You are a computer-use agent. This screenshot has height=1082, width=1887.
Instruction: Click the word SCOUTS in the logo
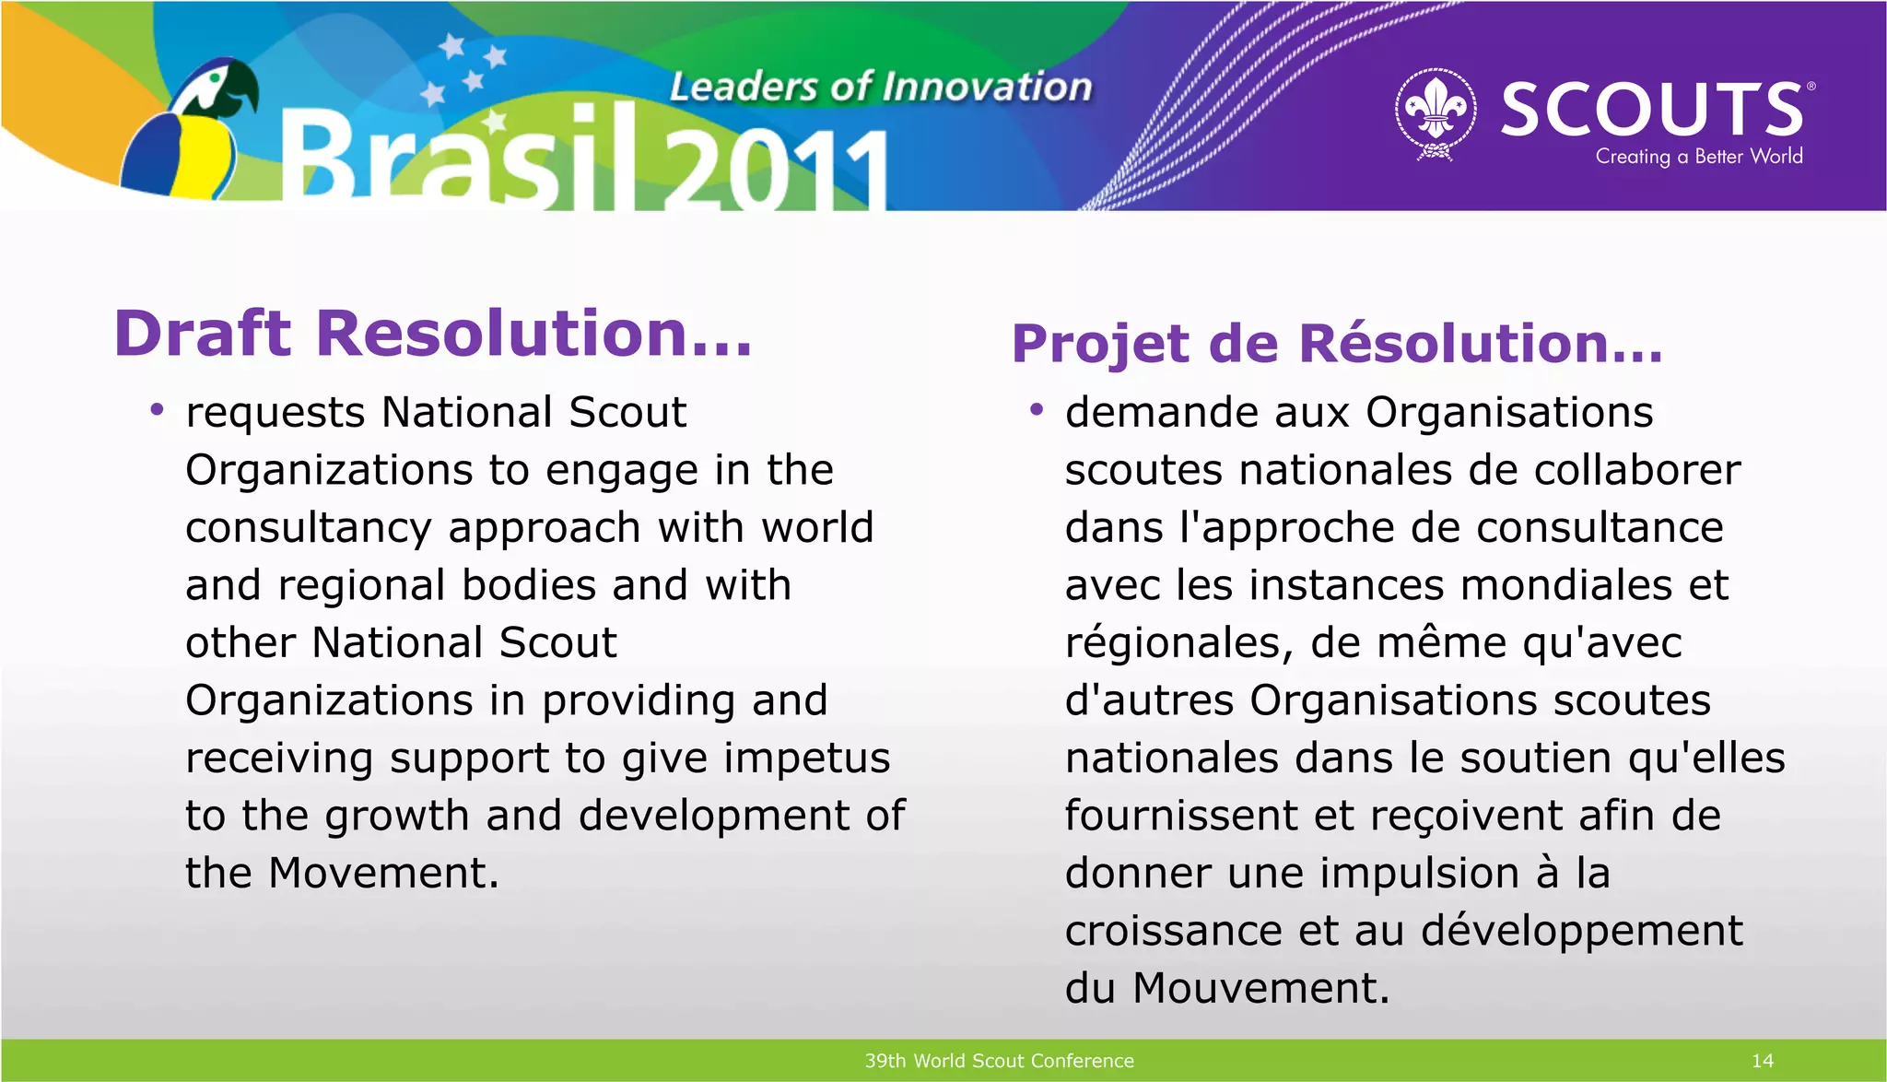click(1652, 110)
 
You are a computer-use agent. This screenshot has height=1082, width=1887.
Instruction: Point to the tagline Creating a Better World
click(1698, 157)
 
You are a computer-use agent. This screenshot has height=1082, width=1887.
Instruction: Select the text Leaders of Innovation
click(880, 88)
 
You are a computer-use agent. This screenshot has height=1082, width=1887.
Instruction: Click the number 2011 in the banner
click(774, 171)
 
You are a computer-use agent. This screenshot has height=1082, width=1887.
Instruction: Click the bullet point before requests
click(157, 409)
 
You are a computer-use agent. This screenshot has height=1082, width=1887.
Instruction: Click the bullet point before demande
click(1037, 409)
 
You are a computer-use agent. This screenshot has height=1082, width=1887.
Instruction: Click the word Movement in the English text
click(382, 874)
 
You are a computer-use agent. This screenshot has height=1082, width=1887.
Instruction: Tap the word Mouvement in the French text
click(1260, 989)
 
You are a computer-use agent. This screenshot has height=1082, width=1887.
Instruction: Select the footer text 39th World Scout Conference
click(999, 1061)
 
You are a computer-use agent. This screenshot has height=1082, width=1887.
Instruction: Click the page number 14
click(1762, 1061)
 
